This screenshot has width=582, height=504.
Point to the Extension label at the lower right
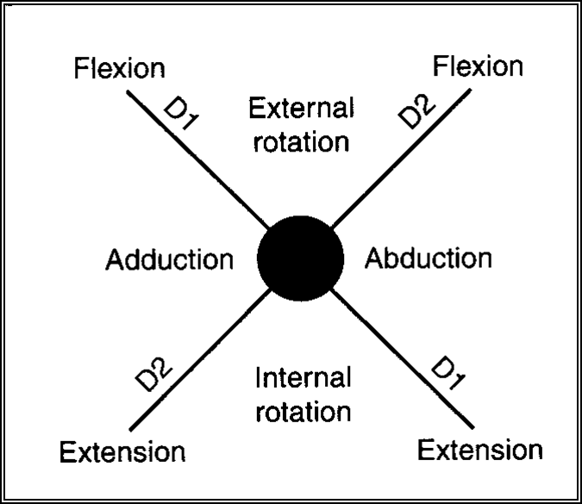tap(480, 449)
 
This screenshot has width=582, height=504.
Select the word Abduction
tap(429, 258)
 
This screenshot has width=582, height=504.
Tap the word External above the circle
tap(300, 109)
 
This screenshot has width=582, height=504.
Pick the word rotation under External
tap(301, 140)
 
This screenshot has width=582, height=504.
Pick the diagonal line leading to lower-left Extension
tap(198, 362)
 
